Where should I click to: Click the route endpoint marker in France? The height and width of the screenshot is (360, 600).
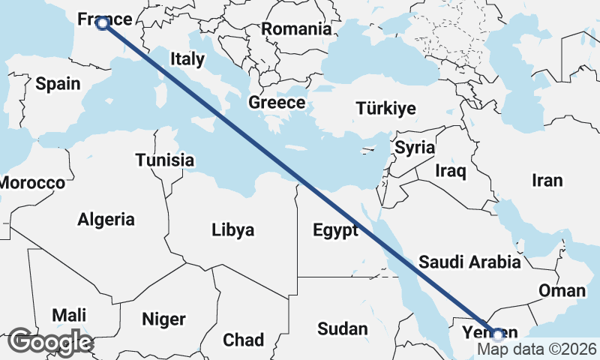pos(103,23)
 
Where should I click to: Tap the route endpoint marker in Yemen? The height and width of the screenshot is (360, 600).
pos(497,334)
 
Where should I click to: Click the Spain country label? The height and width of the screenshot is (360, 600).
pos(58,83)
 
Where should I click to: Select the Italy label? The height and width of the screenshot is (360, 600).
pos(187,58)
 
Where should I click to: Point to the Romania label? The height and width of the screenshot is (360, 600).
pos(296,29)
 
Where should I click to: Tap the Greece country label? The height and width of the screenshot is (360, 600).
pos(277,103)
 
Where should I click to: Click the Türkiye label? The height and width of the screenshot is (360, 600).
pos(385,108)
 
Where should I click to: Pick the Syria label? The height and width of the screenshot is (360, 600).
pos(415,147)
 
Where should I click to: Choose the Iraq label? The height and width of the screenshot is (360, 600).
pos(451,171)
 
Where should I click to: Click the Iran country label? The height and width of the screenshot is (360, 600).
pos(547,180)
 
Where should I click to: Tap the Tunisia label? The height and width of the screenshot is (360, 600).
pos(165,160)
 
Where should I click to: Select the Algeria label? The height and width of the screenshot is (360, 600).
pos(106,220)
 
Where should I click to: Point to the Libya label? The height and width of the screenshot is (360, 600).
pos(232,230)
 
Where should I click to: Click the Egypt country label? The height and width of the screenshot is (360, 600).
pos(335,230)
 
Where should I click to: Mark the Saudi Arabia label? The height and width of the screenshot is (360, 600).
pos(469,262)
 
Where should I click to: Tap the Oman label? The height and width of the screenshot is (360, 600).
pos(562,291)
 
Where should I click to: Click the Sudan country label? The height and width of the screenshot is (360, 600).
pos(343,328)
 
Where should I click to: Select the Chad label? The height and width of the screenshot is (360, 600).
pos(243,339)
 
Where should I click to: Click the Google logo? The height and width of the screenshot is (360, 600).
pos(50,341)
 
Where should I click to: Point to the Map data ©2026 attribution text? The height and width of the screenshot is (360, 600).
pos(537,349)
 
